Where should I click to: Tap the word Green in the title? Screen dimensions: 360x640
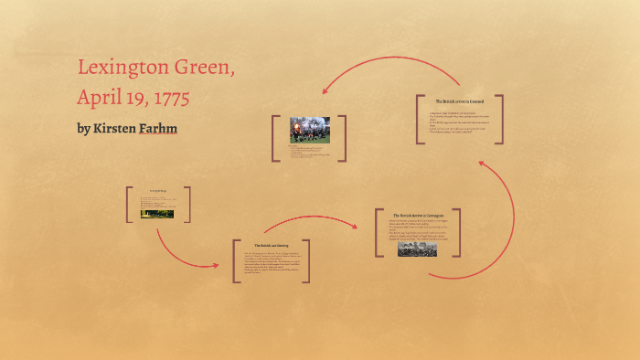(214, 68)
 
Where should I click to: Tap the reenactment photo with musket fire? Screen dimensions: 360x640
(308, 130)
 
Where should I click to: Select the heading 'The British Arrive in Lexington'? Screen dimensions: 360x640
(417, 216)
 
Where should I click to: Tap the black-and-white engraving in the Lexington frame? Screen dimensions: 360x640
(417, 248)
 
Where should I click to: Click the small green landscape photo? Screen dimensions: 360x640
(157, 213)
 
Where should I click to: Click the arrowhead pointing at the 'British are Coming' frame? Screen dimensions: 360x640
(216, 264)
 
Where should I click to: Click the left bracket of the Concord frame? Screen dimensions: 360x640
(418, 119)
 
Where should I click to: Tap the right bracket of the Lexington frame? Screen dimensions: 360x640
(458, 234)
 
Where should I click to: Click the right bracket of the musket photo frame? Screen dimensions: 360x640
(345, 139)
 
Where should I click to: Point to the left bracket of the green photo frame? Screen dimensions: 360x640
(130, 205)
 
